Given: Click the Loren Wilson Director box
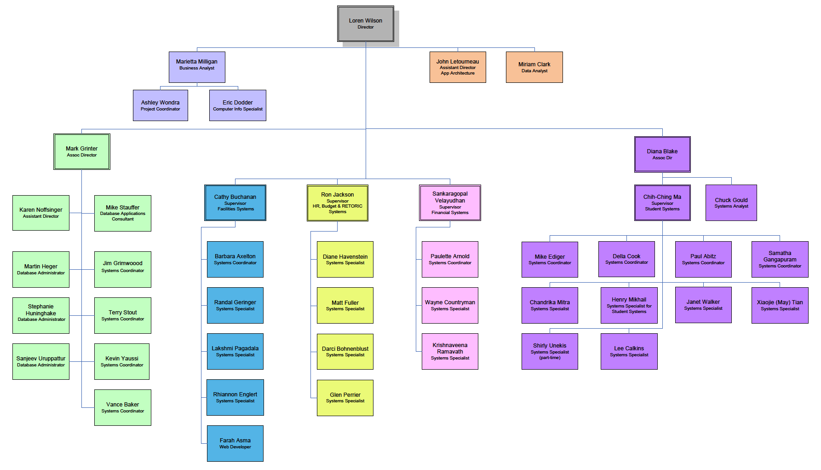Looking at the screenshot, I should [366, 23].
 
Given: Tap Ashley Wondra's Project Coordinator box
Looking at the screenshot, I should [160, 105].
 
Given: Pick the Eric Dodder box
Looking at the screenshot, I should [237, 105].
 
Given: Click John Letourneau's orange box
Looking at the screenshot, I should [458, 67].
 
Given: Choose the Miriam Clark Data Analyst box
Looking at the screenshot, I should [534, 67].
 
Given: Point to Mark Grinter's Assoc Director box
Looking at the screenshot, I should [82, 151].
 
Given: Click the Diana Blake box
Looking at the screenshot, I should [662, 154].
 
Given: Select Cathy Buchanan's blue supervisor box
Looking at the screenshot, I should [235, 203].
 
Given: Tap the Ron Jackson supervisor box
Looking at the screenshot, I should [337, 203].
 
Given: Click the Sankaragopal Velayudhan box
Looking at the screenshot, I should [450, 203].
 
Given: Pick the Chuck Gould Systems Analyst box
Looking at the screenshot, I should [731, 203].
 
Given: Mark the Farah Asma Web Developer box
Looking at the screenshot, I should [235, 443].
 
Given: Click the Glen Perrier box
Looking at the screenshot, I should [345, 398].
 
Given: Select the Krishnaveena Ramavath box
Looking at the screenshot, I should [450, 351].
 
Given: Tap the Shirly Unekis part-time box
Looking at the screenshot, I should [550, 351].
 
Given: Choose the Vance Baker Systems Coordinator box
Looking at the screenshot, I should [122, 407].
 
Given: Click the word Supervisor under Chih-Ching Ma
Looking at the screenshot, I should [662, 203].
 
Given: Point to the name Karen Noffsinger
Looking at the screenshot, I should [41, 210].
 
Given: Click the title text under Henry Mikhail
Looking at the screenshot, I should [629, 309].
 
